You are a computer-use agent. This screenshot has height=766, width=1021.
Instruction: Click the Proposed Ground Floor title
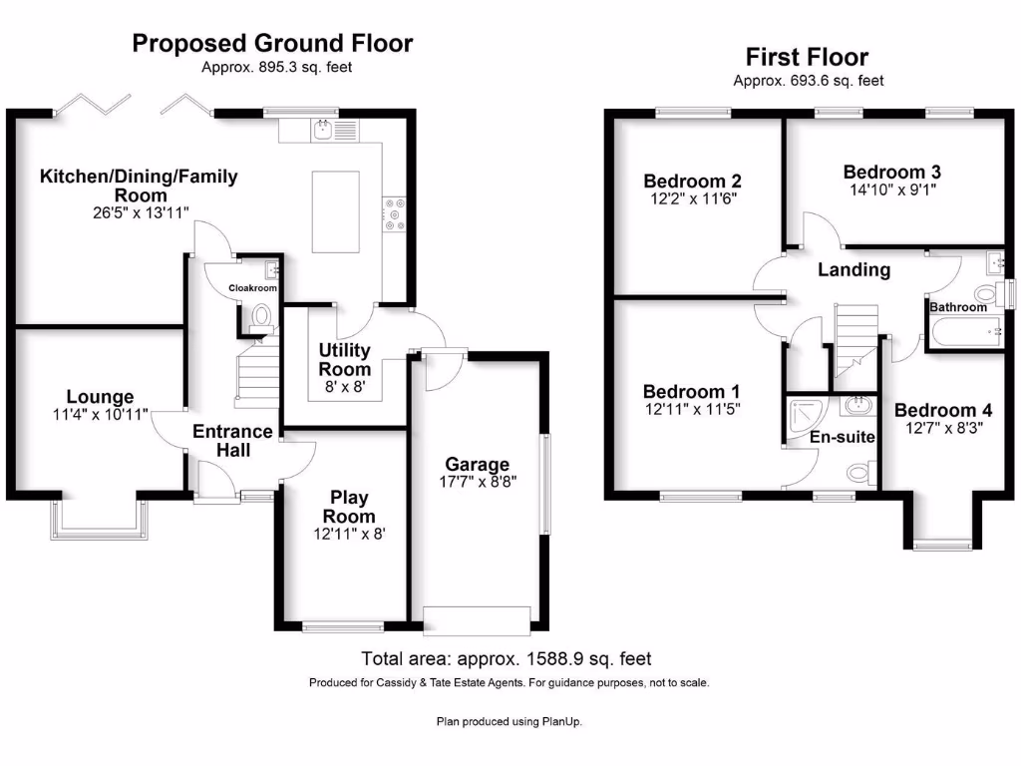[272, 43]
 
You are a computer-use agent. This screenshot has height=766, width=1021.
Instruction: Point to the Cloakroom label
[252, 287]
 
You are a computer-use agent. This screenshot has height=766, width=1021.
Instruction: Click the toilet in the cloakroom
[261, 317]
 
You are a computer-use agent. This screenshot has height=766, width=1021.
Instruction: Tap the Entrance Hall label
[232, 441]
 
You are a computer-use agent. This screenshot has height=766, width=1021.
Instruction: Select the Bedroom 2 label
[692, 182]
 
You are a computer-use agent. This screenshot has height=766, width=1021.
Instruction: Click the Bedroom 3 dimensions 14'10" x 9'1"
[891, 189]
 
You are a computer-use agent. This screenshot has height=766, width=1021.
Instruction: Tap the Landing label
[854, 269]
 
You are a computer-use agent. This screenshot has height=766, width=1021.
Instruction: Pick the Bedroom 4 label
[943, 410]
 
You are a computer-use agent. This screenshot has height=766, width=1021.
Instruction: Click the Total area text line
[506, 658]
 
